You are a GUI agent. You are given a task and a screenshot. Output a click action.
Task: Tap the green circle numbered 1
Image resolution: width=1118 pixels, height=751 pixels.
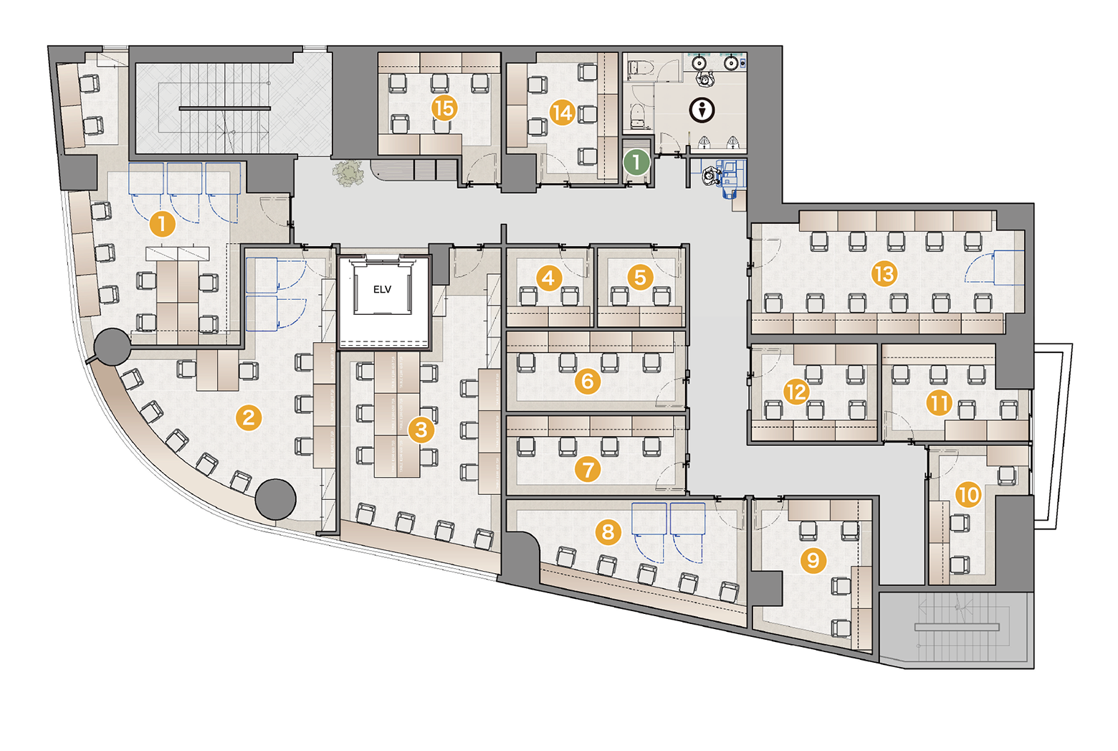(636, 162)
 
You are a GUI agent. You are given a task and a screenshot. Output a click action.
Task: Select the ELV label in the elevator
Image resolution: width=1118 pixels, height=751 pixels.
(382, 289)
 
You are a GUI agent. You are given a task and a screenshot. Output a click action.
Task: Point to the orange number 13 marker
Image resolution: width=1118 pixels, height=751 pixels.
(884, 274)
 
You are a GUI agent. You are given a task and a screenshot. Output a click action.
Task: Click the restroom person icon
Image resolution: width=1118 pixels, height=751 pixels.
(702, 110)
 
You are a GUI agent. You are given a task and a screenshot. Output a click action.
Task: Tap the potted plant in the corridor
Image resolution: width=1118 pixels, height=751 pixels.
(348, 173)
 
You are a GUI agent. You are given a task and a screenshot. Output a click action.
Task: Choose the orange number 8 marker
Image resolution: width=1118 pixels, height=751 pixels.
(608, 532)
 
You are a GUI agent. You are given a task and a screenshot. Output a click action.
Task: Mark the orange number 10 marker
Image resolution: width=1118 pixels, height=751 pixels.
(969, 495)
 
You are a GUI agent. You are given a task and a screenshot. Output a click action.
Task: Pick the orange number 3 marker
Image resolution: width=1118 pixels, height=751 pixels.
(421, 430)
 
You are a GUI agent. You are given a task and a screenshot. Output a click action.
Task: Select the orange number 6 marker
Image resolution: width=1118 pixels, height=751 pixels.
(588, 382)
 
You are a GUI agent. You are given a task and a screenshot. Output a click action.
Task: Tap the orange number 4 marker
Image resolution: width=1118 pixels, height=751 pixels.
(548, 278)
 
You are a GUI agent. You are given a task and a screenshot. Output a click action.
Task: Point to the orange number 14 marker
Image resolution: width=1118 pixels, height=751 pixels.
(563, 113)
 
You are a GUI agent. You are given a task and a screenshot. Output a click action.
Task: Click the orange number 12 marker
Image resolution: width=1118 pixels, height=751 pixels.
(797, 392)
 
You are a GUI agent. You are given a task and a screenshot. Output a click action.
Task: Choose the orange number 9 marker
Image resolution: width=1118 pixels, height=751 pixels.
(813, 559)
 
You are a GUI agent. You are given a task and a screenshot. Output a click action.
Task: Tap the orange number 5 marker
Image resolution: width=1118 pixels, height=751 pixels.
(641, 278)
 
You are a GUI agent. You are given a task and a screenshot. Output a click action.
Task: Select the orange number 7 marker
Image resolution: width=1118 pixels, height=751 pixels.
(588, 469)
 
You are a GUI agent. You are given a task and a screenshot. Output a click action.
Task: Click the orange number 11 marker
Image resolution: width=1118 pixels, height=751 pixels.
(940, 402)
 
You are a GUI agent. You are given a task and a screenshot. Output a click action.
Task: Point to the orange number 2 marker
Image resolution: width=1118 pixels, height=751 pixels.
(249, 417)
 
